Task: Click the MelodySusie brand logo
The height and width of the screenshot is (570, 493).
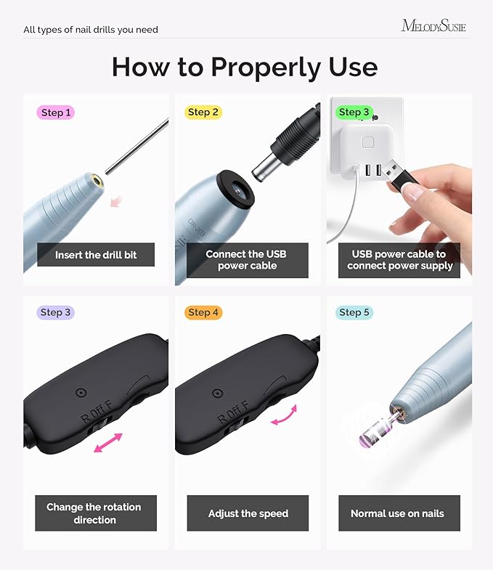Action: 433,26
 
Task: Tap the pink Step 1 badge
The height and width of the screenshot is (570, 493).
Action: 56,113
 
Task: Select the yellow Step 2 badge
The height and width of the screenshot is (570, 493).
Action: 203,112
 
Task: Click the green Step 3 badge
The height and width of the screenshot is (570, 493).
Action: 354,113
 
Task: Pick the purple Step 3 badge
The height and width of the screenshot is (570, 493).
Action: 56,312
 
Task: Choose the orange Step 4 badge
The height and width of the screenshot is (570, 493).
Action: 203,312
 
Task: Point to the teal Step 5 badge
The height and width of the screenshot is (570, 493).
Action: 354,312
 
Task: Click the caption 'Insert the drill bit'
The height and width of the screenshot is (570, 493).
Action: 96,255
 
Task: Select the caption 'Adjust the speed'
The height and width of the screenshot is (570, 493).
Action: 248,513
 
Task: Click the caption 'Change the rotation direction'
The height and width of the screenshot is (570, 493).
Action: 94,513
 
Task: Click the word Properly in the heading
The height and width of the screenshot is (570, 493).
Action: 265,68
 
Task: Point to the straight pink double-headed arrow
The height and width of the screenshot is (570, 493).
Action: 108,443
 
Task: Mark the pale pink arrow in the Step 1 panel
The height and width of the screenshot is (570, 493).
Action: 115,200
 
